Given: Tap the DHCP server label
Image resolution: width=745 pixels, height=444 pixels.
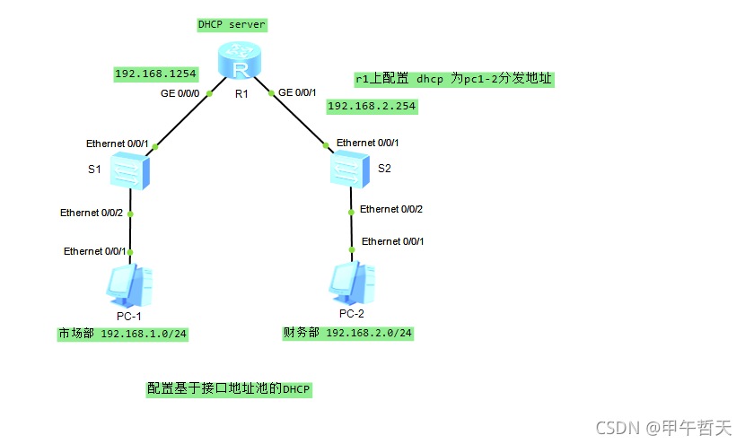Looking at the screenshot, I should (232, 24).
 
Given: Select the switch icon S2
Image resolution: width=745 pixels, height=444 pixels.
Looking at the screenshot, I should (349, 168).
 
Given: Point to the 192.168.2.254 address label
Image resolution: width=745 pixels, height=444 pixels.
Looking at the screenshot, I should (372, 106).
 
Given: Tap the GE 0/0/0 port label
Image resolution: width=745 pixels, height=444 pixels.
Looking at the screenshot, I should (180, 93).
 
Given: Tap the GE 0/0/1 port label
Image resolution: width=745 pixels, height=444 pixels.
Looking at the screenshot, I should (297, 91).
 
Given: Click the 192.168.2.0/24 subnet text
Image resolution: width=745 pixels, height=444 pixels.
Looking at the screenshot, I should (369, 333).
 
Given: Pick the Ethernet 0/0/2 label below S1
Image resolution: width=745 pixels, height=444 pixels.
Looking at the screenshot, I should (91, 213).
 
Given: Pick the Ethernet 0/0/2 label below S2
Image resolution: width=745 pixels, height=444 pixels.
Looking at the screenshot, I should (390, 209).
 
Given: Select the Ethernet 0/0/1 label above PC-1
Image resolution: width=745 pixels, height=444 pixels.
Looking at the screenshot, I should (94, 251).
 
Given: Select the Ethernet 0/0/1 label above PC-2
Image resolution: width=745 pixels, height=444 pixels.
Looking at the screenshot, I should (392, 241).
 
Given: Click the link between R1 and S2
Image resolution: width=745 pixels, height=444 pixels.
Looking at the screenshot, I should (297, 117).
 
